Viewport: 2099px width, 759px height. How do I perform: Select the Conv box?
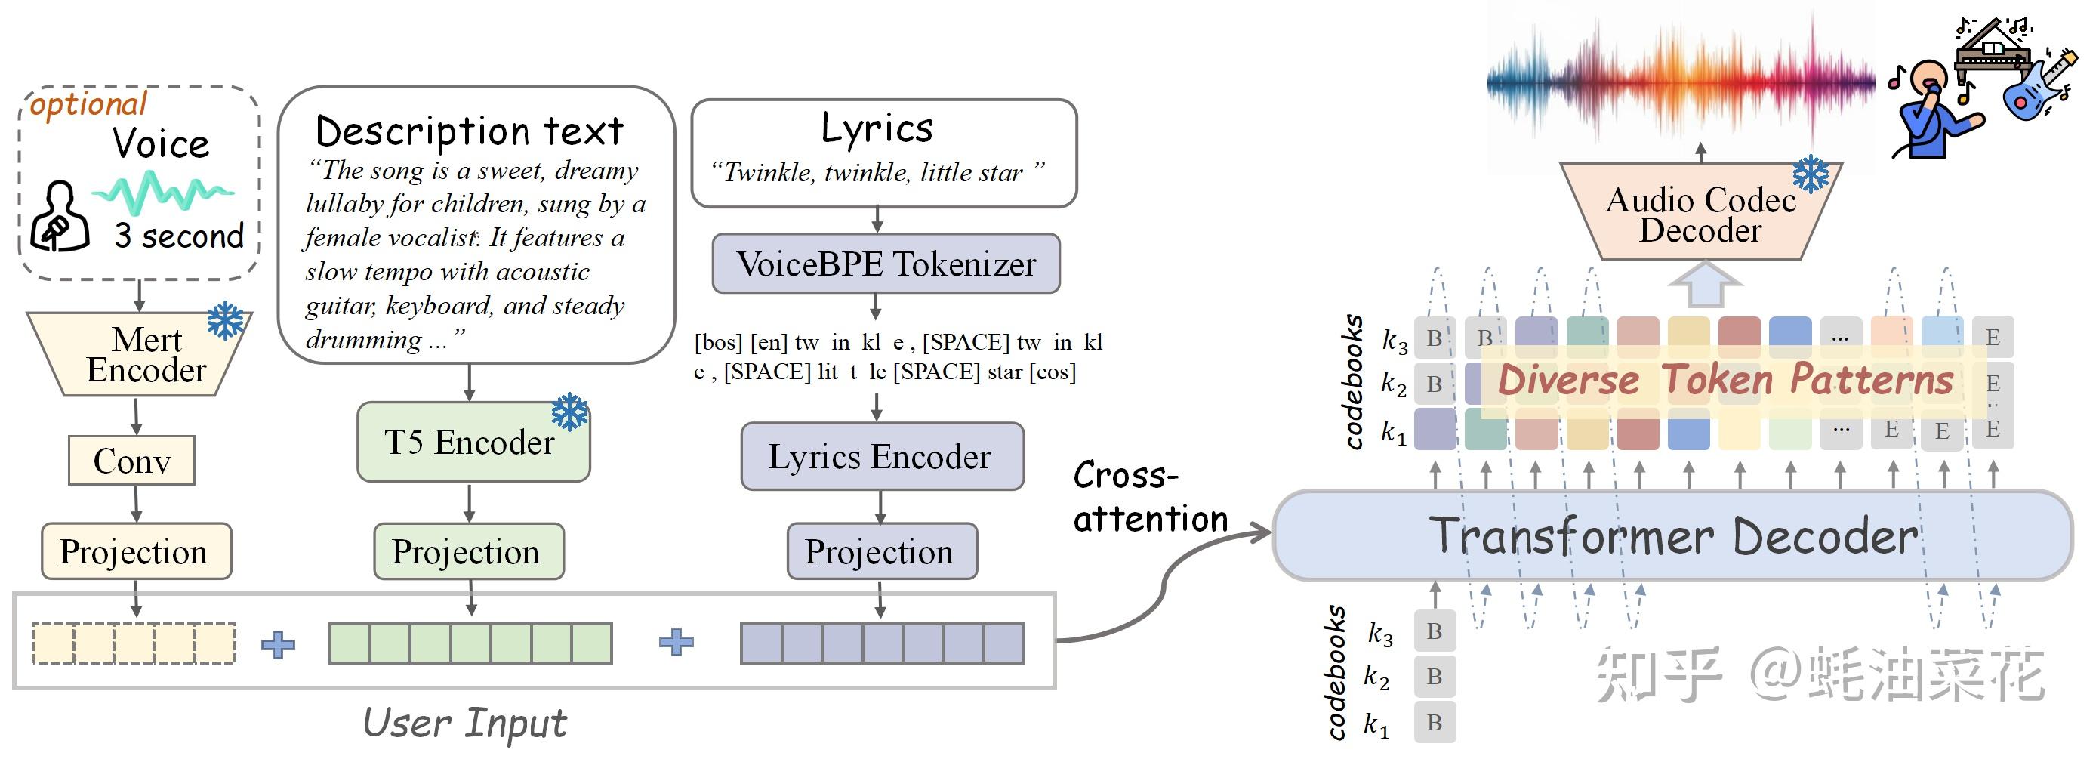click(x=131, y=461)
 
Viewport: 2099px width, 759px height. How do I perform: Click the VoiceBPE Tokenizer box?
click(x=886, y=264)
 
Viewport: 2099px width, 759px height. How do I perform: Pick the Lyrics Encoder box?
click(x=882, y=457)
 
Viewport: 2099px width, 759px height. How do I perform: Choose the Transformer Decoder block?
click(x=1672, y=535)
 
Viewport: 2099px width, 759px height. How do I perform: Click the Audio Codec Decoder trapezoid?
click(x=1700, y=214)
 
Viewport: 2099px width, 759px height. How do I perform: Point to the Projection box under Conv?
click(x=135, y=552)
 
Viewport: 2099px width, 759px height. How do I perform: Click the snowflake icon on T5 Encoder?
click(x=569, y=412)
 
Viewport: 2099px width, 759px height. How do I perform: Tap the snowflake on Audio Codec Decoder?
click(x=1811, y=174)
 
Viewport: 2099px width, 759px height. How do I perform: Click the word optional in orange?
click(x=88, y=104)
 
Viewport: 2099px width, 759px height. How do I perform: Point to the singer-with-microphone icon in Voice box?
click(x=59, y=217)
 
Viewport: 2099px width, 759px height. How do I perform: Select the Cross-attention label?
click(x=1150, y=496)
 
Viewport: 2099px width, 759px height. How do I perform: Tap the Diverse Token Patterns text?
click(x=1725, y=380)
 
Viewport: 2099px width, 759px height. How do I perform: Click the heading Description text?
click(x=470, y=131)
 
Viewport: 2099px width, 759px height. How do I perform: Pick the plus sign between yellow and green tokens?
click(x=278, y=645)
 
